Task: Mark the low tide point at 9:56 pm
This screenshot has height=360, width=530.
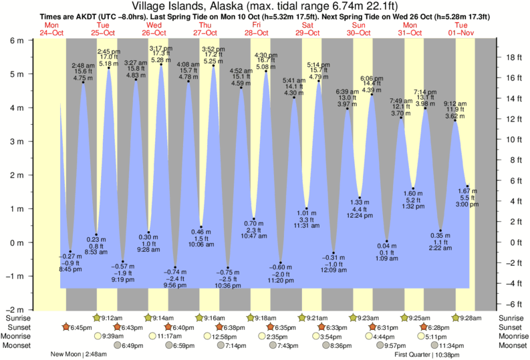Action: coord(175,267)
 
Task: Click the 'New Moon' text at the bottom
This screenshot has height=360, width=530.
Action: coord(66,355)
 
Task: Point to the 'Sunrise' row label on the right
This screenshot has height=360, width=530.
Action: coord(512,317)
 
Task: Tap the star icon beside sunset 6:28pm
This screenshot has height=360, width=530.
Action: coord(424,327)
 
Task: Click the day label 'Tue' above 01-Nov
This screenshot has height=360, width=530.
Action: coord(461,25)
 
